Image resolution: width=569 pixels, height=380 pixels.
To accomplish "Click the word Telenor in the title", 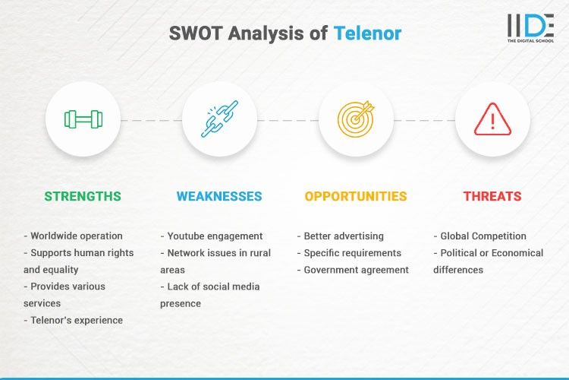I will (x=367, y=33).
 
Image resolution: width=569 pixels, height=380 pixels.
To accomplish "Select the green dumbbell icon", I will (x=83, y=119).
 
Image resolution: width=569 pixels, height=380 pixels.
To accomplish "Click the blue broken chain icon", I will (x=219, y=119).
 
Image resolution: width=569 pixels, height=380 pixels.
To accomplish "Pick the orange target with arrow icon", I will (x=356, y=119).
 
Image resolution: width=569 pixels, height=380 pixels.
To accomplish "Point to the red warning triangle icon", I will (x=492, y=119).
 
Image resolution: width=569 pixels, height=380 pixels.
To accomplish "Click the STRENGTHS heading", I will (x=83, y=196).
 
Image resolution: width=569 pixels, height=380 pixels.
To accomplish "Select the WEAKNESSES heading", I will (x=219, y=196).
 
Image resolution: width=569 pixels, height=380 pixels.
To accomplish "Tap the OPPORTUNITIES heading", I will (x=356, y=196).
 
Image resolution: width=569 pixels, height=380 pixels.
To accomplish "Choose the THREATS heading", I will (x=492, y=196).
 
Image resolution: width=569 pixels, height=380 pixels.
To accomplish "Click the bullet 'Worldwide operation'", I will (x=77, y=236).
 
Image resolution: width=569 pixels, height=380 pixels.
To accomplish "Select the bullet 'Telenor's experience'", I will (x=77, y=320).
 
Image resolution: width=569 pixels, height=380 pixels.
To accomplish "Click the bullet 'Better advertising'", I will (x=344, y=236).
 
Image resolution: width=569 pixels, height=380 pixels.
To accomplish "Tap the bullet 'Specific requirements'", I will (x=353, y=252).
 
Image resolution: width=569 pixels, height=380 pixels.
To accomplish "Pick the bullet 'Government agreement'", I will (x=356, y=269).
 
